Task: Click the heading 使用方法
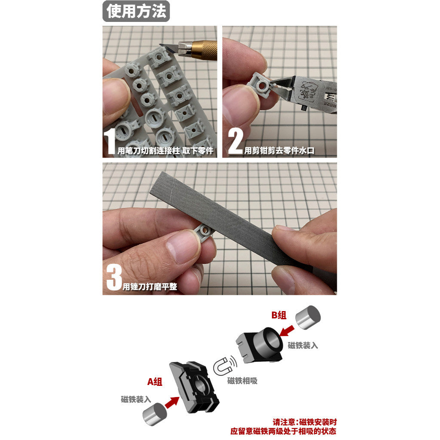(136, 11)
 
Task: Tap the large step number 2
(235, 141)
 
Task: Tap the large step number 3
(114, 278)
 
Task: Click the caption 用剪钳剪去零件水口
(279, 151)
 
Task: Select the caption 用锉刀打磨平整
(150, 287)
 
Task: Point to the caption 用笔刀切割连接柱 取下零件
(165, 151)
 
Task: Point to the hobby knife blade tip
(160, 44)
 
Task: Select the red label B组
(279, 315)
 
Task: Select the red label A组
(155, 382)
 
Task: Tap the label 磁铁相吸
(242, 381)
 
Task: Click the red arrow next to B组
(287, 331)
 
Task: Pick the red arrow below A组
(172, 402)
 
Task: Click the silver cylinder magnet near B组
(308, 318)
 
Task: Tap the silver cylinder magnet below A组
(155, 414)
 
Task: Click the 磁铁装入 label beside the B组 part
(303, 345)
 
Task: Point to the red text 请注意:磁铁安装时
(305, 422)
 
